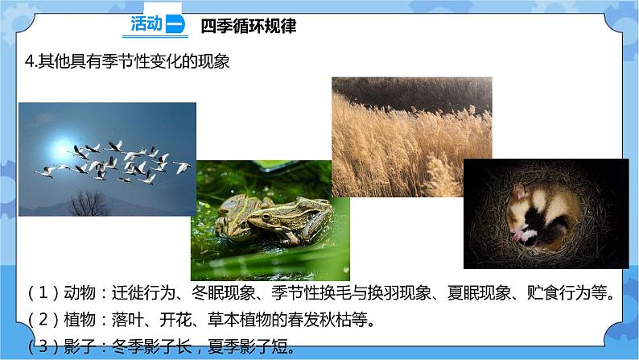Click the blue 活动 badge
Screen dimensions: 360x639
pos(157,25)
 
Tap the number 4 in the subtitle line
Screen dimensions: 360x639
pos(30,61)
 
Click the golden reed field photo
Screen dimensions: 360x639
pos(410,129)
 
